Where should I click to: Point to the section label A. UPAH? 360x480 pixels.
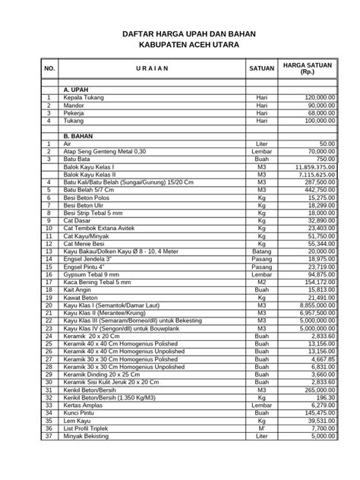77,90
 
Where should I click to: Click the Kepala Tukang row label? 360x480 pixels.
82,98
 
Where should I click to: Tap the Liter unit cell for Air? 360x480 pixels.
261,144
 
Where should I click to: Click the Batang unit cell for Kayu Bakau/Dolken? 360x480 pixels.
261,251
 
